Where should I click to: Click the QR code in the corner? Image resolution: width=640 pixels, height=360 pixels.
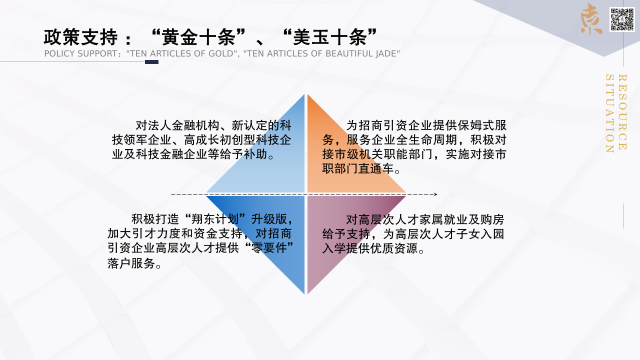(622, 19)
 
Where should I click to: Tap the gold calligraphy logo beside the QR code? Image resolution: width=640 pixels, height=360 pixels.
(591, 19)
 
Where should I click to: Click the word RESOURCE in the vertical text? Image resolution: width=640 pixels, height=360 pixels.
(622, 112)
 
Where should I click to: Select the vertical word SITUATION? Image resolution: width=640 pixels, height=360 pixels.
(610, 113)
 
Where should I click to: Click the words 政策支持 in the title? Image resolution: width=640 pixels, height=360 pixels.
(81, 37)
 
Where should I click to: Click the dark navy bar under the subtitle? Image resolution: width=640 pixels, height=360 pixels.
(151, 62)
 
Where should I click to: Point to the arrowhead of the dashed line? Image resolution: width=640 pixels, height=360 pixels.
(435, 194)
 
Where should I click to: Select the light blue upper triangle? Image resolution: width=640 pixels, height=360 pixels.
(271, 160)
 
